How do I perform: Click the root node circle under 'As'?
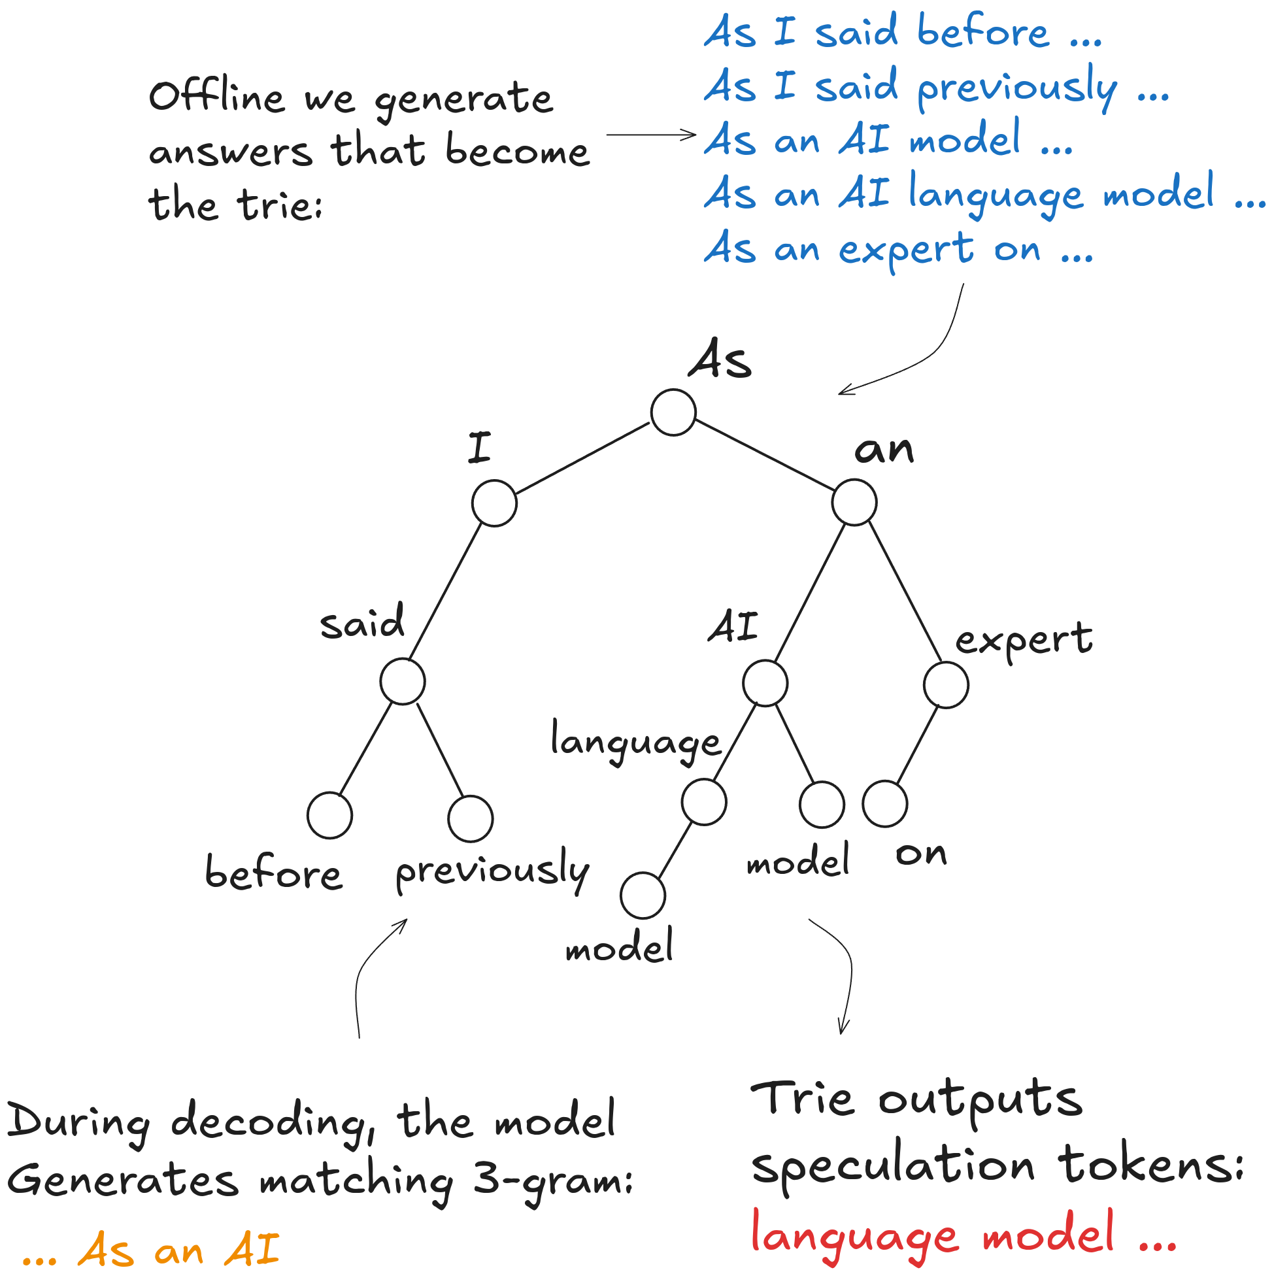[674, 413]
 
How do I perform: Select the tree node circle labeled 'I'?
[494, 503]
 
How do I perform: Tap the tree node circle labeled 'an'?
[855, 502]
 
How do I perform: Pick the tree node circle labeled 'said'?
[403, 682]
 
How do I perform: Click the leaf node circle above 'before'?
[330, 815]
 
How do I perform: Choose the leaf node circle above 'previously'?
[471, 819]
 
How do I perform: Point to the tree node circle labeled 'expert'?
[946, 685]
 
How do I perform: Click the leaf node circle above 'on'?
[885, 804]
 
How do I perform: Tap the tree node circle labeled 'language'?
[704, 802]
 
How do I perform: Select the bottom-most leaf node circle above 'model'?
[643, 896]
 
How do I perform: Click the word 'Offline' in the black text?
[217, 97]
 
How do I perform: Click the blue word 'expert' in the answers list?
[906, 250]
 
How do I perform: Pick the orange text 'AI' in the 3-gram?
[252, 1250]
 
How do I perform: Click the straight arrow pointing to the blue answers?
[651, 135]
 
